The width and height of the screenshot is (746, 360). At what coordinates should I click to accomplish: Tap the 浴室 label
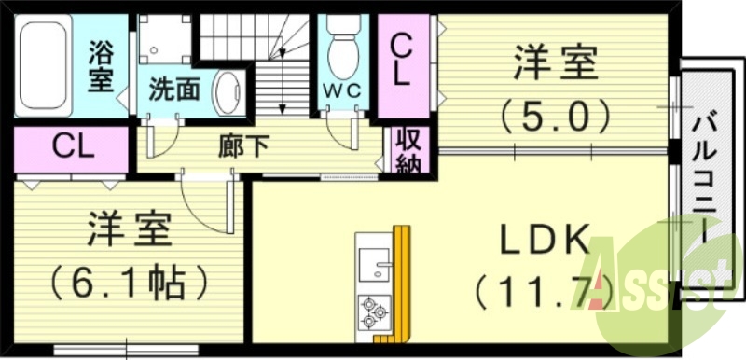(100, 65)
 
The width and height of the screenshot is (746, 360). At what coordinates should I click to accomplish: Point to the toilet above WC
(342, 47)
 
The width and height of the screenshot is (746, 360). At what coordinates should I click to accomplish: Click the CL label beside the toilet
(401, 60)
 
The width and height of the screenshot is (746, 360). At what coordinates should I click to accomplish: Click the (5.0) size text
(555, 118)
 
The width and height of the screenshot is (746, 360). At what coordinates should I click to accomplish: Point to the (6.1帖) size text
(128, 281)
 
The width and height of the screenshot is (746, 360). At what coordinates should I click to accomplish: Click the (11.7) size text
(546, 293)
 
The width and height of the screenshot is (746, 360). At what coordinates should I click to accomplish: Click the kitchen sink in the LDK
(375, 263)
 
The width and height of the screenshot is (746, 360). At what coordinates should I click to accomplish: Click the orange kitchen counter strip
(403, 280)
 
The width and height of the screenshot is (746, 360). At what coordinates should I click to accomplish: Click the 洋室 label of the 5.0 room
(555, 67)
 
